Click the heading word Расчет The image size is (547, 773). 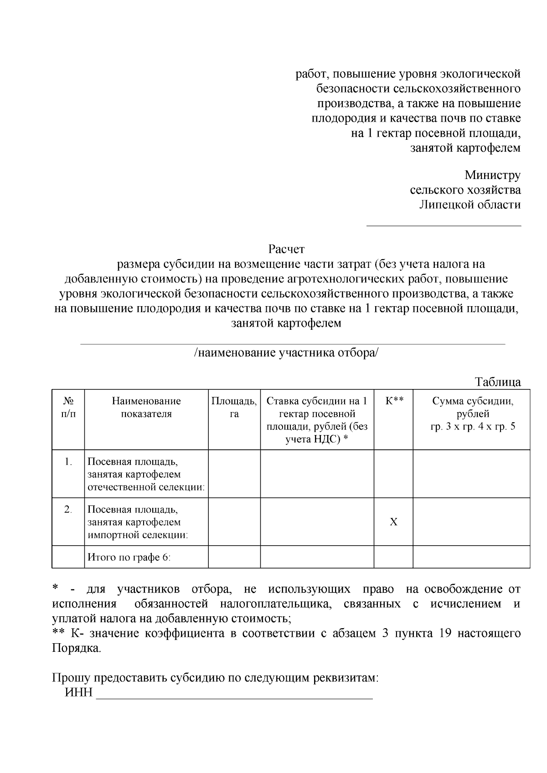[x=286, y=249]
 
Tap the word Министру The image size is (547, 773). [x=492, y=175]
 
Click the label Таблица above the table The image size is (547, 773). [x=497, y=382]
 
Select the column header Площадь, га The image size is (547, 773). [x=234, y=407]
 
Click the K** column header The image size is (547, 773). [x=394, y=401]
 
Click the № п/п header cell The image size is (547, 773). [x=68, y=407]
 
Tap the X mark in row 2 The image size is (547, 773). [x=393, y=522]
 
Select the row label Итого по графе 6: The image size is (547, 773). [x=129, y=557]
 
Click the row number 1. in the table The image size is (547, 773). [x=68, y=462]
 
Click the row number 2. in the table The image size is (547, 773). [x=68, y=509]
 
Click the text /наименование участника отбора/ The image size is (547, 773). [x=286, y=353]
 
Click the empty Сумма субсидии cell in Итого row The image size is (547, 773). [x=471, y=557]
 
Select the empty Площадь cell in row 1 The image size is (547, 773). [x=234, y=474]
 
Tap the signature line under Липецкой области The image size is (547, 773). [x=444, y=225]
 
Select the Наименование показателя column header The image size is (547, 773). [x=146, y=407]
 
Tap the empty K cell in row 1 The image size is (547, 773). [x=393, y=474]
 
